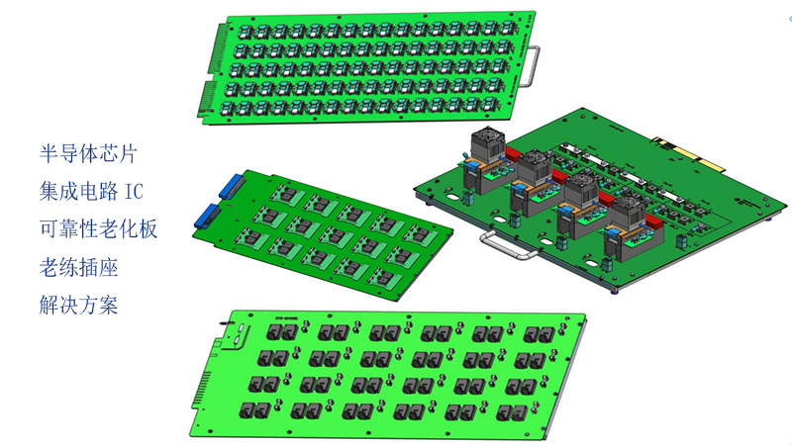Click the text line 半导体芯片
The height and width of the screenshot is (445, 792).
(x=88, y=153)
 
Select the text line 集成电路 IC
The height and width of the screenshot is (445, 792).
(x=91, y=191)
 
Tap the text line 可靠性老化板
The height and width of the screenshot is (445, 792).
(x=98, y=229)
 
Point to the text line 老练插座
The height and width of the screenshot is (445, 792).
(x=79, y=267)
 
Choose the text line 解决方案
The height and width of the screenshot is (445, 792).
(x=79, y=305)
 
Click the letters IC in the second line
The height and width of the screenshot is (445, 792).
(x=134, y=192)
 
